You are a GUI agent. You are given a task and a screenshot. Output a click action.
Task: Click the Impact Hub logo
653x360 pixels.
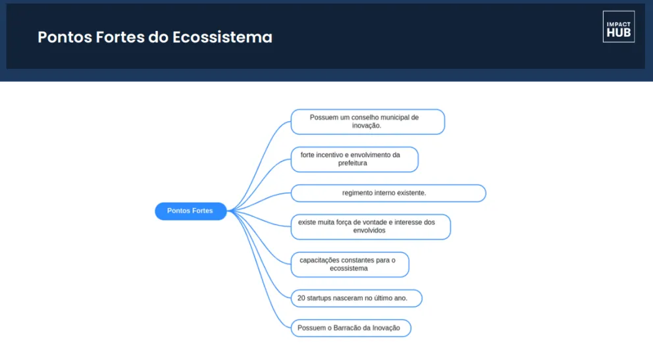click(x=618, y=26)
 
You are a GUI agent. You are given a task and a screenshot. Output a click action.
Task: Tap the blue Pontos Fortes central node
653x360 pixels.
click(x=191, y=211)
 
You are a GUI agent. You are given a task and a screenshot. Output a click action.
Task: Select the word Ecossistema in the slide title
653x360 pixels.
click(x=222, y=37)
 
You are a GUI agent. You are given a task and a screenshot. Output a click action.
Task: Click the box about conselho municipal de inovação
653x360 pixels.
click(x=368, y=122)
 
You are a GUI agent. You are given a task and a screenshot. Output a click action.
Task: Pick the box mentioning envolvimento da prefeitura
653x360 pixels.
click(x=354, y=159)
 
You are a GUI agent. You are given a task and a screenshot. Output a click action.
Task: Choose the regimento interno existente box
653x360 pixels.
click(x=388, y=193)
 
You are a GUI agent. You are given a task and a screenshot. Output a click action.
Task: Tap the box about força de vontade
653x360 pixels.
click(x=371, y=227)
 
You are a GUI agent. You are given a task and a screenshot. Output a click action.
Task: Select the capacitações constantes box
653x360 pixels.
click(x=350, y=265)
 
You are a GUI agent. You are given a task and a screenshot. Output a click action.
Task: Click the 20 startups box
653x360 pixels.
click(x=357, y=298)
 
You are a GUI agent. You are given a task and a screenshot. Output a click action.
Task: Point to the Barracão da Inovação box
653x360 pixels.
click(x=351, y=328)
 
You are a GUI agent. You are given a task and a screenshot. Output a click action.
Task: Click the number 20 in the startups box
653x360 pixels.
click(x=301, y=298)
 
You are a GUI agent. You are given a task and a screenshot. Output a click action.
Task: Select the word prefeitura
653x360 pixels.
click(x=353, y=163)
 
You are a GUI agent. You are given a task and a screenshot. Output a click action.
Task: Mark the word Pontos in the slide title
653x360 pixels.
click(x=65, y=37)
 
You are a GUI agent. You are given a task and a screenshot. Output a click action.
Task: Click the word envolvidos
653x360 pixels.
click(x=369, y=230)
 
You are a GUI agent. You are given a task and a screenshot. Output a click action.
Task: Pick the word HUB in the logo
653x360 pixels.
click(x=618, y=33)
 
